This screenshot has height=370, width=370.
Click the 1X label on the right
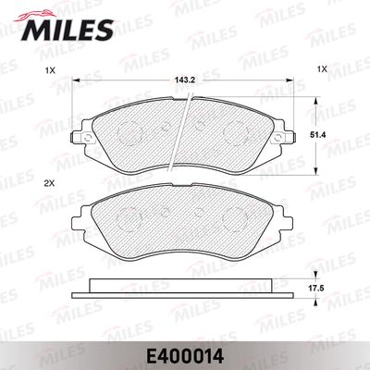pos(323,70)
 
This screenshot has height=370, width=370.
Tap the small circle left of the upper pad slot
pos(162,129)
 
